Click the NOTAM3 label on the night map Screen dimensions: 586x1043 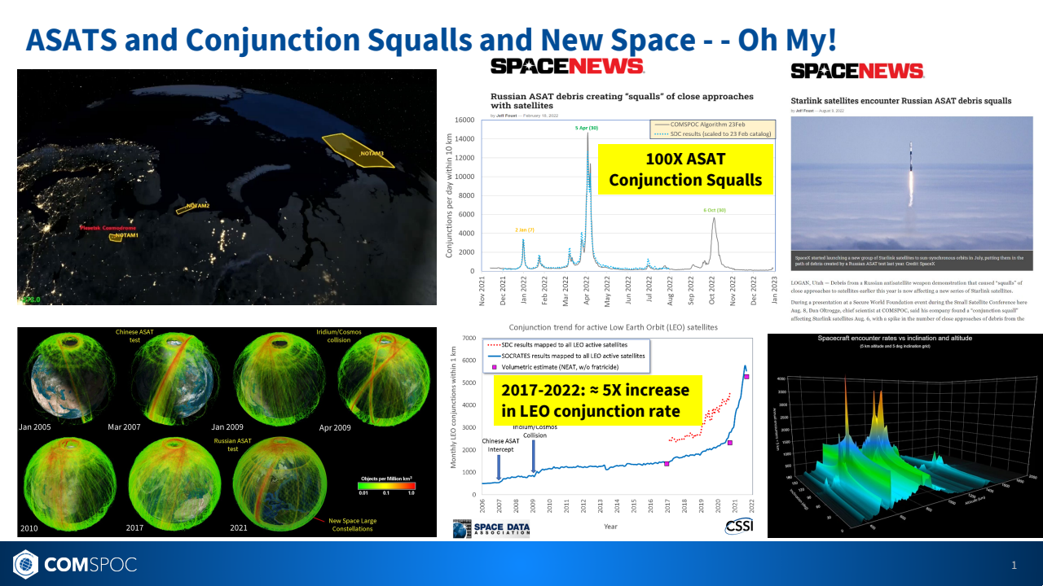371,153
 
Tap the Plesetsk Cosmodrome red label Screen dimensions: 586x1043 108,229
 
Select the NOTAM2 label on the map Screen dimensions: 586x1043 197,206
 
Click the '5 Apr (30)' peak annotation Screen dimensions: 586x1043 586,128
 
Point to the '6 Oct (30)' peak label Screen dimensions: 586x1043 715,210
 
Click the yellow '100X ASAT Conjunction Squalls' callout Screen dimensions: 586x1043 684,169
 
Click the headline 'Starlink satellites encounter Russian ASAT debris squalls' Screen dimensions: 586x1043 901,101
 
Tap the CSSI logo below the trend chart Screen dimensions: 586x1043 738,527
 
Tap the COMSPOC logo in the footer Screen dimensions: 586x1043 74,563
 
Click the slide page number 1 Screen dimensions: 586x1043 1014,565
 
